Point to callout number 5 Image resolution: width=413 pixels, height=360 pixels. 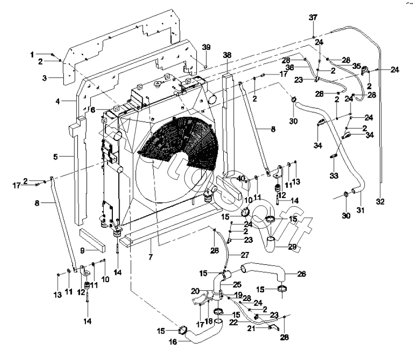coord(56,156)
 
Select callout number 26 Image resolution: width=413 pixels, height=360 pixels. coord(302,274)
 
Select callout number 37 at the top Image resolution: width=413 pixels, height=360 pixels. coord(313,17)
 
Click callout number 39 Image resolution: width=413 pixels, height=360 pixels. coord(206,47)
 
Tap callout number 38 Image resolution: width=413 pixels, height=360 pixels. coord(227,55)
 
